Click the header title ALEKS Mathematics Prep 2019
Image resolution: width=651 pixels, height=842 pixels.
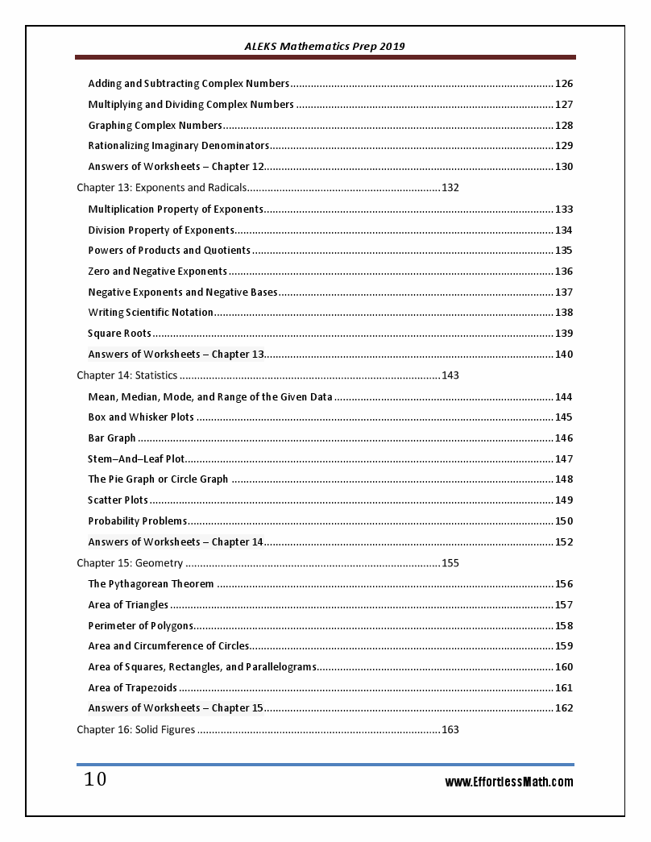point(325,46)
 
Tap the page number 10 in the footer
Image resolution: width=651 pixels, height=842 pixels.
point(95,780)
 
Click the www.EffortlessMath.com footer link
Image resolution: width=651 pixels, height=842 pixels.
point(509,782)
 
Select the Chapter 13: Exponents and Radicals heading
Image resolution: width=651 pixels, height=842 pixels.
point(161,188)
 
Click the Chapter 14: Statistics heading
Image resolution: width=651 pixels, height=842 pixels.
point(126,375)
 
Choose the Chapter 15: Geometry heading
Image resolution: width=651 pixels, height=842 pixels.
point(130,563)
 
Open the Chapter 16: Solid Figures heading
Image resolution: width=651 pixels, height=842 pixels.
point(135,730)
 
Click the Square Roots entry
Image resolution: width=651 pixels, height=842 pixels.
point(119,334)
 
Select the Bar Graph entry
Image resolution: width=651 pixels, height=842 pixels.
point(112,438)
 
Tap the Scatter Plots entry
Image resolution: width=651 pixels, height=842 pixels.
point(118,500)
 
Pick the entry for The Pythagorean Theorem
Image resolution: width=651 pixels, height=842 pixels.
point(151,584)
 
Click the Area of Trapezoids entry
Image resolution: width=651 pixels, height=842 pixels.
point(132,688)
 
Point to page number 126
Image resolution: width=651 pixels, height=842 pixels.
point(564,84)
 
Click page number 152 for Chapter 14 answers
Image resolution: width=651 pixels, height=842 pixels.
point(564,542)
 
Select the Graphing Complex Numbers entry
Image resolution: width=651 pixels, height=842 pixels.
point(155,126)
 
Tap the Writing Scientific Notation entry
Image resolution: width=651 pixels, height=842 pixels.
point(151,313)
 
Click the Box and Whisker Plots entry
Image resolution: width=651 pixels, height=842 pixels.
point(141,417)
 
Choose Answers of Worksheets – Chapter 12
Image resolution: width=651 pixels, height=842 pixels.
point(176,167)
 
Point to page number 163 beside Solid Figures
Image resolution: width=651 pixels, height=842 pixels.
point(450,730)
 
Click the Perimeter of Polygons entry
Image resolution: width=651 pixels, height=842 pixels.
point(140,626)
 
